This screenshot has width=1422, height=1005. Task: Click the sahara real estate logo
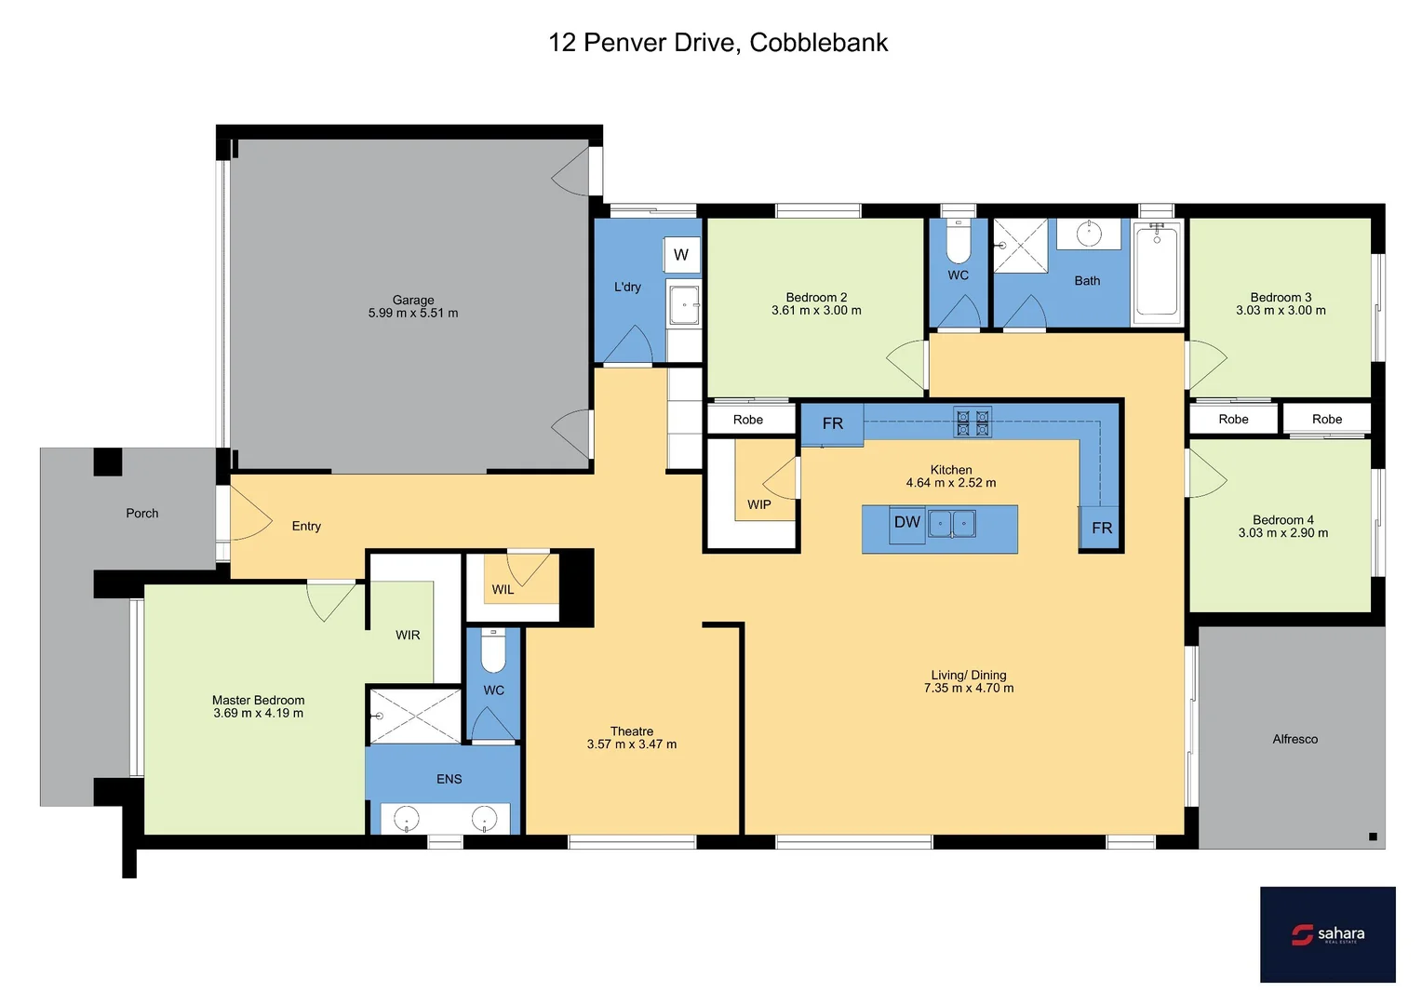[1327, 933]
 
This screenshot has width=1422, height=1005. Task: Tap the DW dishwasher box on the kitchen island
[906, 524]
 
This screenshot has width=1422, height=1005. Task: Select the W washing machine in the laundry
[681, 255]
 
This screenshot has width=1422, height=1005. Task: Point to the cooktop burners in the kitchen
[973, 422]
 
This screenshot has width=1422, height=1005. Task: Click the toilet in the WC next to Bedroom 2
[958, 243]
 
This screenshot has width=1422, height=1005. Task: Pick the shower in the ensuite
[415, 716]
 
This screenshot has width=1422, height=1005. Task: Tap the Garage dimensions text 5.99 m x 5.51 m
[413, 314]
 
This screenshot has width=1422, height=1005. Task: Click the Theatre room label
[631, 731]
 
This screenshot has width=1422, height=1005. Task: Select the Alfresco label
[1295, 739]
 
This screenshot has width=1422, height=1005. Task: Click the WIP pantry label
[758, 504]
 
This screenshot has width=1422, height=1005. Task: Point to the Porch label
[142, 513]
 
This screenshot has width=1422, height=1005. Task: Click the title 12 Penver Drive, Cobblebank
[718, 43]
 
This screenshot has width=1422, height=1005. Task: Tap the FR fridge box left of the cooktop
[832, 424]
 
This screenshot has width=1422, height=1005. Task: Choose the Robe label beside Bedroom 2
[747, 420]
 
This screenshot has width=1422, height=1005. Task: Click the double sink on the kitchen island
[951, 524]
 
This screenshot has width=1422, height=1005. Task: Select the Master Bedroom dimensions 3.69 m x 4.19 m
[258, 714]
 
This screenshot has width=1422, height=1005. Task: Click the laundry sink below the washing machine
[684, 304]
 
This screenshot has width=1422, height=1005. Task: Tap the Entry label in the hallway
[306, 526]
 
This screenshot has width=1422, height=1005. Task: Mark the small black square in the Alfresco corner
[1373, 837]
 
